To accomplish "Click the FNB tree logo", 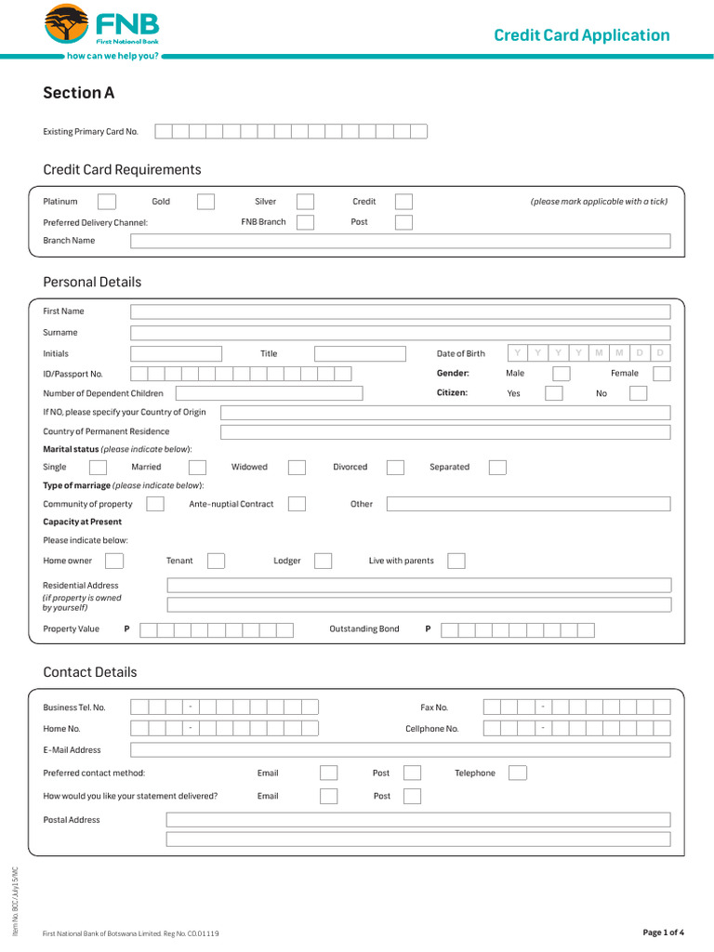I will pos(66,24).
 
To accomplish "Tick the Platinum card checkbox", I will pos(107,202).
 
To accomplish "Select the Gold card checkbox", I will pos(205,202).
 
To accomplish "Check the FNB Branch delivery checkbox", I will pos(305,222).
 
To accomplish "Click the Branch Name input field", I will pos(400,241).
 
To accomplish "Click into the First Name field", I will pos(400,311).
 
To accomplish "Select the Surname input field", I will pos(400,333).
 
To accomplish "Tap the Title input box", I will pos(360,354).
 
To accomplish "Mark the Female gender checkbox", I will pos(661,374).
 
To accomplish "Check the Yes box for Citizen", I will pos(554,393).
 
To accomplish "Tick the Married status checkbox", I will pos(197,468).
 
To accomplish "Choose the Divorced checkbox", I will pos(395,468).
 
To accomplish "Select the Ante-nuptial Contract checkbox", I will pos(297,504).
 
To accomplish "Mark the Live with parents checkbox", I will pos(456,561).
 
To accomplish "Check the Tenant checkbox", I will pos(216,561).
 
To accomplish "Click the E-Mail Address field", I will pos(400,749).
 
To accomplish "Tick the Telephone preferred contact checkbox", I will pos(518,773).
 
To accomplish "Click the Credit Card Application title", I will pos(581,35).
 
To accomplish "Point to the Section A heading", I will pos(79,93).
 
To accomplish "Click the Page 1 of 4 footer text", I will pos(663,932).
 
